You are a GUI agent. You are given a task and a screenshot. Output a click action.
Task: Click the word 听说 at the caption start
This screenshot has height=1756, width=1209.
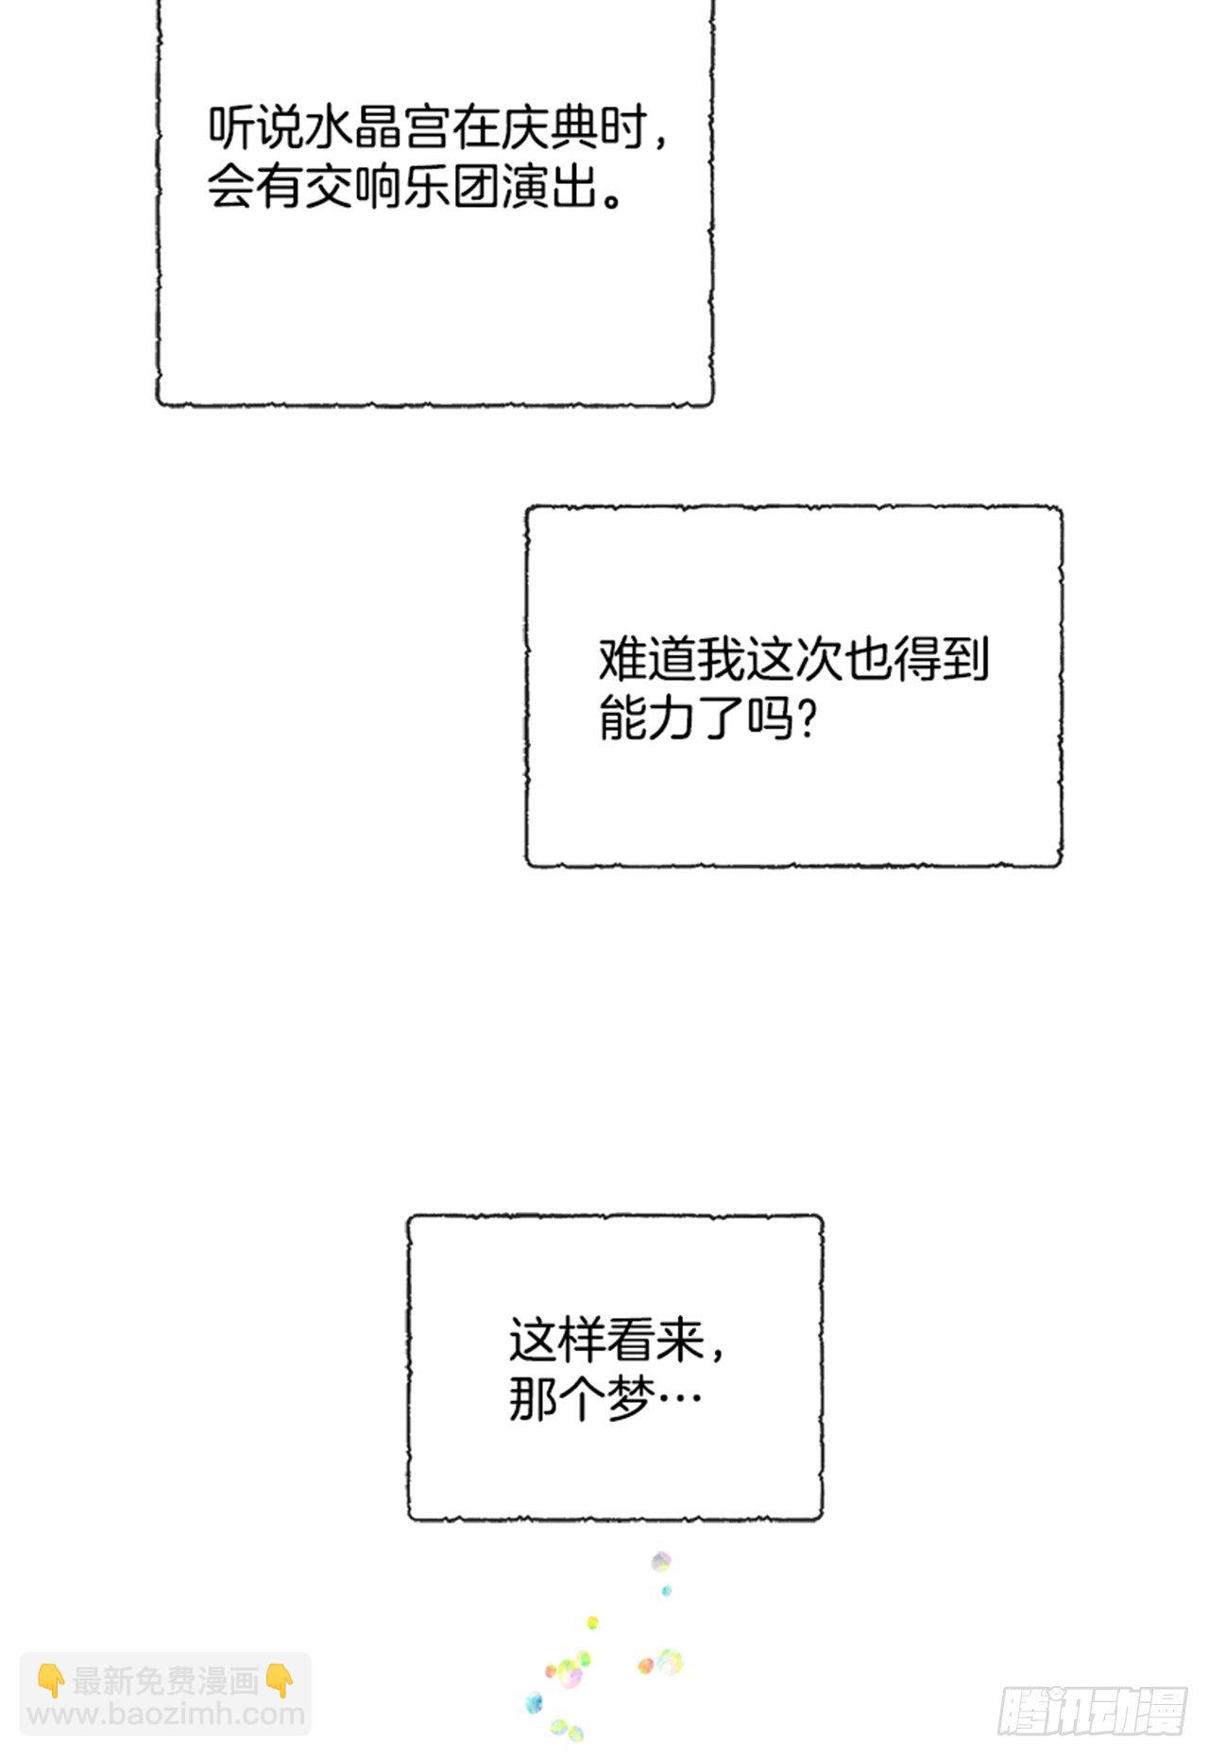tap(255, 128)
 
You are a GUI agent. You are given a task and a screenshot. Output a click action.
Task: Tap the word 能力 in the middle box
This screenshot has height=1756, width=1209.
tap(647, 718)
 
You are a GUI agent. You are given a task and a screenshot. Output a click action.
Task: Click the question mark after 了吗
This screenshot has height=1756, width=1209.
tap(806, 718)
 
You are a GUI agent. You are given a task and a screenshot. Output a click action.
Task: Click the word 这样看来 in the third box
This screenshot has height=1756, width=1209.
tap(605, 1342)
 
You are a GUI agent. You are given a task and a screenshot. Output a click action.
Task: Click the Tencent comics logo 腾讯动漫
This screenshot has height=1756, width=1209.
tap(1092, 1710)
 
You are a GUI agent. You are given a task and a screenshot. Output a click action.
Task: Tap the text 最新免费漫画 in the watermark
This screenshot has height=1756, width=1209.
tap(165, 1680)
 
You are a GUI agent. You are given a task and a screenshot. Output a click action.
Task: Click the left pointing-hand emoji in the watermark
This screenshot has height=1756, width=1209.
tap(51, 1680)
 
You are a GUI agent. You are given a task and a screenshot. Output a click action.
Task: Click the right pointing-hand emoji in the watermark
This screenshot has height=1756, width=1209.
tap(280, 1680)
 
